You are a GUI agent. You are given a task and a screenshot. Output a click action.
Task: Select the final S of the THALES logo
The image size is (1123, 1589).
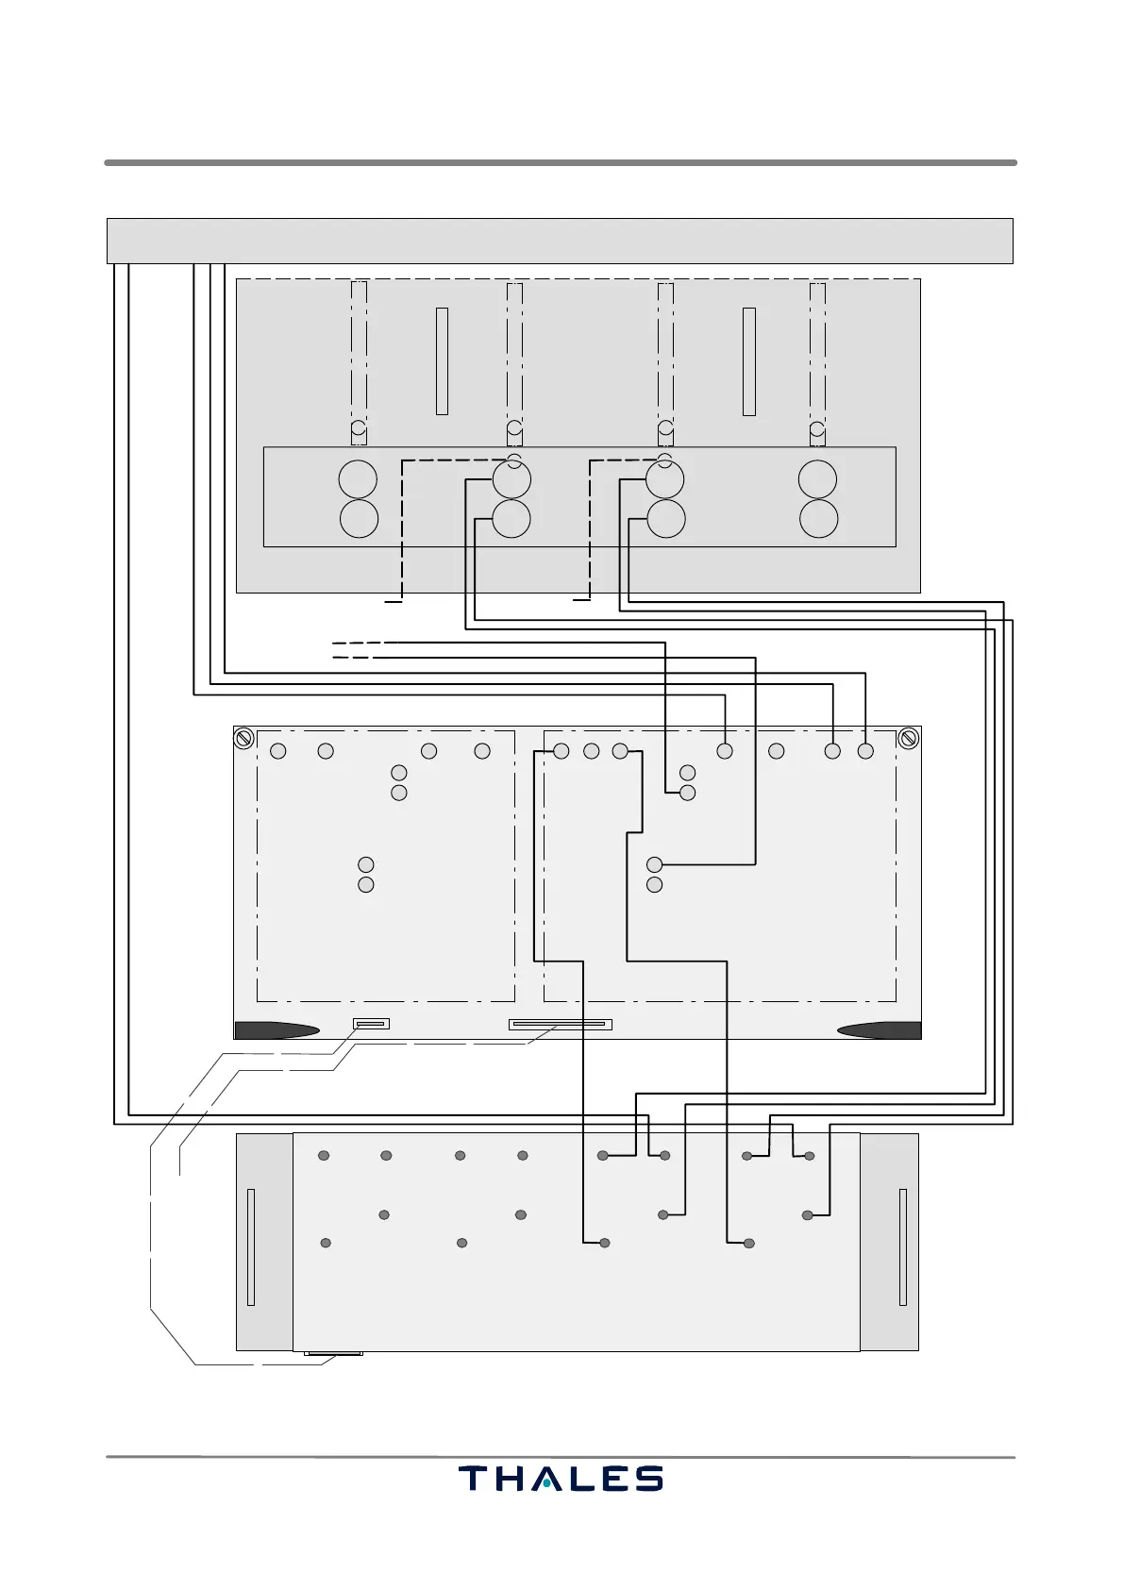[x=648, y=1479]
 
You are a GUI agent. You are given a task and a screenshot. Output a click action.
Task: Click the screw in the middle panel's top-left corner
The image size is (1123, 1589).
[x=243, y=738]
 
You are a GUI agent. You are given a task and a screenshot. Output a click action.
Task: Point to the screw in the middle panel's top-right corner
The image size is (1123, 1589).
[x=909, y=738]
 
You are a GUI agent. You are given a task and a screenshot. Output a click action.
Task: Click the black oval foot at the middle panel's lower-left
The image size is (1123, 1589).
[x=277, y=1030]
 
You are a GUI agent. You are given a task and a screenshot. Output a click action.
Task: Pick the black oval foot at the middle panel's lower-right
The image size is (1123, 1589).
[x=879, y=1030]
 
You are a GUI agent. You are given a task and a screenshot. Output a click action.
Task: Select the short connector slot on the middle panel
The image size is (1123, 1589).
[x=371, y=1024]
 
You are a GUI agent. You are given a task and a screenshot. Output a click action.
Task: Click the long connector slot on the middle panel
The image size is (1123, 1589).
[x=561, y=1024]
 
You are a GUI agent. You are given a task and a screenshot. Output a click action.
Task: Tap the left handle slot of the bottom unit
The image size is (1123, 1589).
[x=250, y=1247]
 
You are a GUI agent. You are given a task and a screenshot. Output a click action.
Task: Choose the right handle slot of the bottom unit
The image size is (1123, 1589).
[x=903, y=1247]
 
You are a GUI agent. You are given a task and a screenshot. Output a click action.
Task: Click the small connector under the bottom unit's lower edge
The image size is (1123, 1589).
[x=334, y=1354]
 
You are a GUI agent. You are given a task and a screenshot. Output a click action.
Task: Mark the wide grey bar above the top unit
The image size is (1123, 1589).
[x=560, y=241]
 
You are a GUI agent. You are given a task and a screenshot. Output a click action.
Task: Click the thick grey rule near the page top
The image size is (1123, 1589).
[x=560, y=162]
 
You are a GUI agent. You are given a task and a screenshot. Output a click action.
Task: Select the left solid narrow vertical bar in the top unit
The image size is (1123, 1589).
[x=442, y=360]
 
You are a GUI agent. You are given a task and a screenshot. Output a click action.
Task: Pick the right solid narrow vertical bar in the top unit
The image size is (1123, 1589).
[x=749, y=360]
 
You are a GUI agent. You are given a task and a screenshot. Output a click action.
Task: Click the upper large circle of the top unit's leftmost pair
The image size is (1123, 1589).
[x=359, y=479]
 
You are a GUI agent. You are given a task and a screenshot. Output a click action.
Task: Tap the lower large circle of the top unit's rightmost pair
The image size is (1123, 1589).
[x=818, y=519]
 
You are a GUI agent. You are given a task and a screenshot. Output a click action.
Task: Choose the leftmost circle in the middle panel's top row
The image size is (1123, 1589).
[x=278, y=751]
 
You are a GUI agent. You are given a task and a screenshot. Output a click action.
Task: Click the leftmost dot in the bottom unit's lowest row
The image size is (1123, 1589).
[x=326, y=1243]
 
